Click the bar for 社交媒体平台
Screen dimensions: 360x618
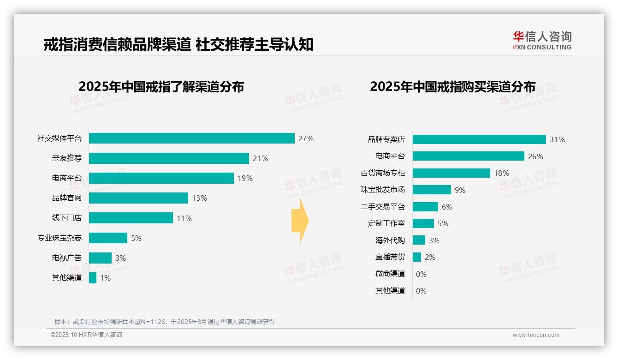coord(191,138)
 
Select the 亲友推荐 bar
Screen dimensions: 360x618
coord(169,158)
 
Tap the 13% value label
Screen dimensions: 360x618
coord(200,198)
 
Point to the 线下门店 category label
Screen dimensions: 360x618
coord(67,218)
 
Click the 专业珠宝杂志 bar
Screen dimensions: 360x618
coord(108,238)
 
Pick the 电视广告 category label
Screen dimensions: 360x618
coord(67,258)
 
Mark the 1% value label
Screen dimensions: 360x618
coord(106,278)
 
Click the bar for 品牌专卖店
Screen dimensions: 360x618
coord(479,139)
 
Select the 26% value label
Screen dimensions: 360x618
coord(535,156)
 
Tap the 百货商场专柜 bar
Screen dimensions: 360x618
coord(451,173)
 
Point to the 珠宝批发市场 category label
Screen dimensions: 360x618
coord(383,190)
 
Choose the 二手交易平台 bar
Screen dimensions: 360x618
coord(425,207)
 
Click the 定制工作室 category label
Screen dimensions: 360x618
coord(386,223)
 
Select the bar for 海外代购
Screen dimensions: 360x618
coord(419,240)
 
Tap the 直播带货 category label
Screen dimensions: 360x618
coord(390,257)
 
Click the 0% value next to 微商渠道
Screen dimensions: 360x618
coord(421,274)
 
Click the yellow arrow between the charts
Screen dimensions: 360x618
coord(300,221)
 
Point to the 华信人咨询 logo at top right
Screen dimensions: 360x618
coord(542,40)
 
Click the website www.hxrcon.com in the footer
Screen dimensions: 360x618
coord(536,335)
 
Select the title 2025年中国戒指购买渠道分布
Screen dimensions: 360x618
coord(452,87)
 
